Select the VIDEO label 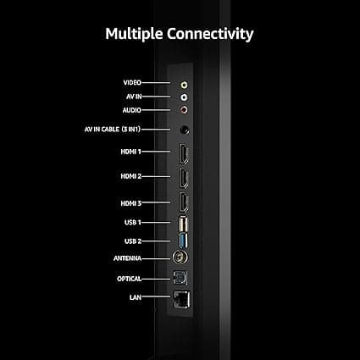(131, 83)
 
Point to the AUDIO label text (131, 110)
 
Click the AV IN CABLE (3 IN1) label (125, 130)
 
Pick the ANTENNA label (129, 258)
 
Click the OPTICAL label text (130, 279)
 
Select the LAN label (135, 297)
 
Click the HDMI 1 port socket (182, 153)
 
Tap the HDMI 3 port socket (182, 203)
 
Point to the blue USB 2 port (182, 241)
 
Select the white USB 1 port (182, 224)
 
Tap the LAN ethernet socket (181, 298)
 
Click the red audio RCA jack (184, 109)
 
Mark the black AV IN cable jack (185, 130)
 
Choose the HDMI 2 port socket (182, 178)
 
